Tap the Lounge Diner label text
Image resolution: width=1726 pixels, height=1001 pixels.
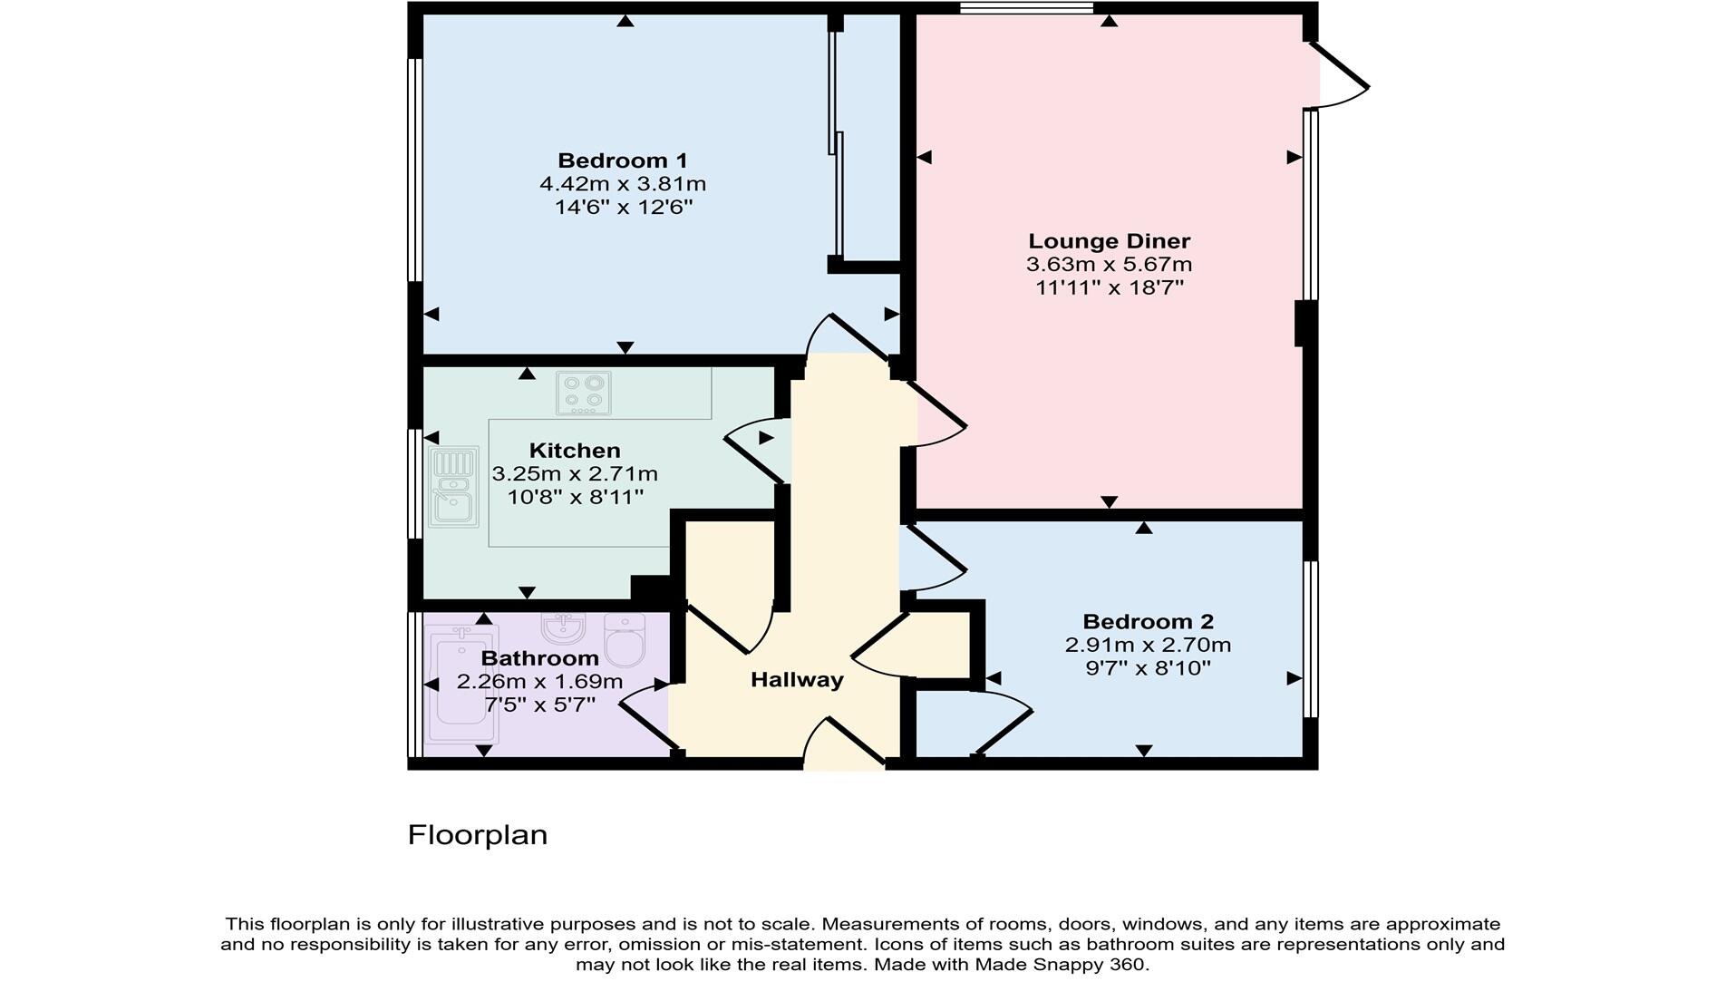pos(1109,241)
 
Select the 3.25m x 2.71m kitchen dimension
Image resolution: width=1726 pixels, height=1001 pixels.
pos(575,473)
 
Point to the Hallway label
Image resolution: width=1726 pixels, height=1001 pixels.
pos(797,679)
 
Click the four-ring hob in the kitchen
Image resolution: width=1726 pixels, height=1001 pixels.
pos(583,393)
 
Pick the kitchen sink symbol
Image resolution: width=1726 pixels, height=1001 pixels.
pos(454,487)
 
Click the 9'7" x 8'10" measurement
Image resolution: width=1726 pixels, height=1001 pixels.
pos(1148,668)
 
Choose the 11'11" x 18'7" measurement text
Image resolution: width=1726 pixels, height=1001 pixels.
pos(1109,288)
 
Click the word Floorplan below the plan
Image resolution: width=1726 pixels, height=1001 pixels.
pos(477,834)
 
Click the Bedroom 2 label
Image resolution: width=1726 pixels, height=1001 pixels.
pos(1148,622)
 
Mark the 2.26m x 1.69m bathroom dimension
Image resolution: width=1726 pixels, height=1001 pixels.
pos(539,681)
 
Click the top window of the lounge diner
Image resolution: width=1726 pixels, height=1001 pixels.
pos(1026,8)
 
